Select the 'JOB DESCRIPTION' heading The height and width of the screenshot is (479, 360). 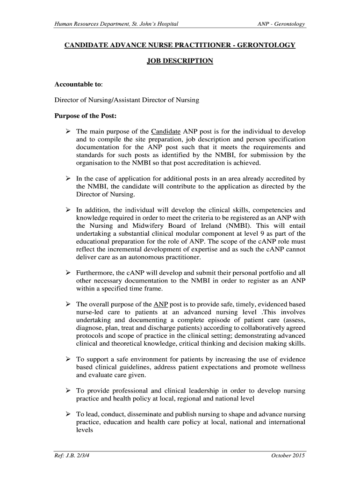tap(180, 61)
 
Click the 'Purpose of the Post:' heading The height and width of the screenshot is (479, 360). tap(86, 116)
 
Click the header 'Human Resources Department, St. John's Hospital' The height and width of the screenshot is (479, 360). tap(116, 24)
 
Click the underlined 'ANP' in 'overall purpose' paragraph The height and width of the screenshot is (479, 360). tap(161, 304)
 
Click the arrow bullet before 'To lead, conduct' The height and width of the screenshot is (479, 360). tap(68, 414)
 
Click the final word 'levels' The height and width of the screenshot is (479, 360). tap(85, 430)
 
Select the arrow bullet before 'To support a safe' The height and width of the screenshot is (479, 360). tap(68, 359)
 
